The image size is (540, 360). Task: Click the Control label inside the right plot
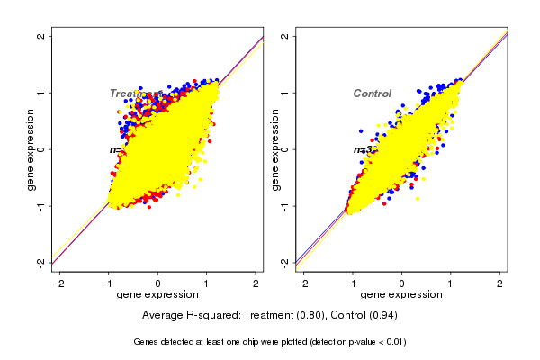[372, 94]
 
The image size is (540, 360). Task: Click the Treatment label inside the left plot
[135, 94]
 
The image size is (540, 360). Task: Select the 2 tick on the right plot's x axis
[499, 283]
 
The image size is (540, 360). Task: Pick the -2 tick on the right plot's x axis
[303, 283]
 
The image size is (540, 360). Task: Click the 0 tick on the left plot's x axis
[158, 283]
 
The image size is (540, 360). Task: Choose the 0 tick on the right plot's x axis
[401, 283]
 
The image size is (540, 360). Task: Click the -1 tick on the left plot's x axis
[108, 283]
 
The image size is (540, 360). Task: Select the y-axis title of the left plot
[31, 149]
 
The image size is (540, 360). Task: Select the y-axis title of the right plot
[274, 149]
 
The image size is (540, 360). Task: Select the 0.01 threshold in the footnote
[393, 342]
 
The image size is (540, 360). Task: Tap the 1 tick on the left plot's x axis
[207, 283]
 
